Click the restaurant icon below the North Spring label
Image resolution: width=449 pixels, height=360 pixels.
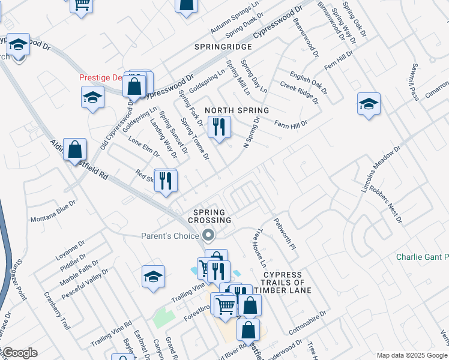pyautogui.click(x=219, y=127)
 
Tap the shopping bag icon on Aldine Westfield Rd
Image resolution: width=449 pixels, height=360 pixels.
pyautogui.click(x=74, y=149)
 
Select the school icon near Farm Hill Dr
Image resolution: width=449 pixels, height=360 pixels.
pyautogui.click(x=368, y=104)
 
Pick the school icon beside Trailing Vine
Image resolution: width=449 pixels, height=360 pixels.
pyautogui.click(x=154, y=276)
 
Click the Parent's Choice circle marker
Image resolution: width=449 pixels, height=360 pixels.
pyautogui.click(x=209, y=235)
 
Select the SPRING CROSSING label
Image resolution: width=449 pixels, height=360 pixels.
pyautogui.click(x=209, y=216)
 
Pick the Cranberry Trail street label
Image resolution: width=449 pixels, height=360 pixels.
pyautogui.click(x=58, y=310)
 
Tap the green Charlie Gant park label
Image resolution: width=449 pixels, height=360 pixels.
pyautogui.click(x=422, y=257)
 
